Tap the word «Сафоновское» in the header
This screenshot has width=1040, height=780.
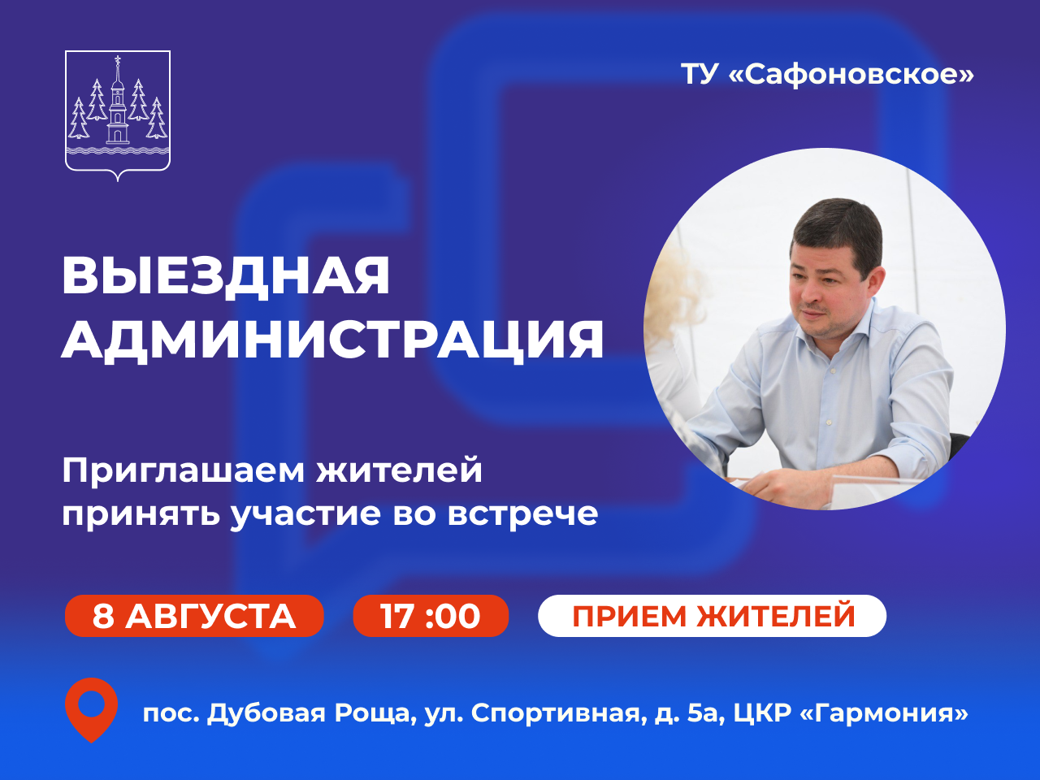click(851, 75)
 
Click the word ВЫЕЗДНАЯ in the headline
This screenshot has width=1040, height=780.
click(226, 276)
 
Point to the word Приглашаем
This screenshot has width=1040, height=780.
click(184, 472)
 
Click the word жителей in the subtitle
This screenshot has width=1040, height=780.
click(400, 470)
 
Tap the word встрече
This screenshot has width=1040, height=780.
click(522, 514)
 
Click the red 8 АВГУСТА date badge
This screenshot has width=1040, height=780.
click(194, 616)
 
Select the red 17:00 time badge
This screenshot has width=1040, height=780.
click(431, 616)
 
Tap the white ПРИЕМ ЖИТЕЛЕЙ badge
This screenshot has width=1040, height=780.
click(712, 616)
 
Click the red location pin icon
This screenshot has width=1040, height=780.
click(92, 709)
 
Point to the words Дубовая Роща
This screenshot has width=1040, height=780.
click(309, 713)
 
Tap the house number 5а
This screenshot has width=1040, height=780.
click(705, 713)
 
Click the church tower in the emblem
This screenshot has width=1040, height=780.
click(118, 101)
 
